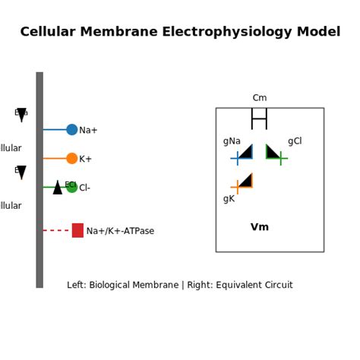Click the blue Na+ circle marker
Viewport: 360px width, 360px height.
71,130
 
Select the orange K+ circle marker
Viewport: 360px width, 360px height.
71,159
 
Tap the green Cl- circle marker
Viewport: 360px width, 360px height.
72,188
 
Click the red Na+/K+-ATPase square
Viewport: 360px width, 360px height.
77,230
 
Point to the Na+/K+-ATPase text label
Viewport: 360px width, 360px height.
120,231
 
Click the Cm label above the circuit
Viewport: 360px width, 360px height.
260,98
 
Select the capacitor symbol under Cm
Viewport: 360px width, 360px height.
260,118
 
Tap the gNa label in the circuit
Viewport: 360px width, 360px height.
232,141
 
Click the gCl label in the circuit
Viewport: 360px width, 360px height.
295,141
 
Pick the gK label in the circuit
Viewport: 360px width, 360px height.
229,199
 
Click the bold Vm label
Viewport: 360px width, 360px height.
260,227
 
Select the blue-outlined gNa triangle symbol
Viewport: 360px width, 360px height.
245,153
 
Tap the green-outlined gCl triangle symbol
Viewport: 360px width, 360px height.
272,153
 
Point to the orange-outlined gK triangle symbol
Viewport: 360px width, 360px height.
245,182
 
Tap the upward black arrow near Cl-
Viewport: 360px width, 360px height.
58,188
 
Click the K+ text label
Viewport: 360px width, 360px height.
85,159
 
